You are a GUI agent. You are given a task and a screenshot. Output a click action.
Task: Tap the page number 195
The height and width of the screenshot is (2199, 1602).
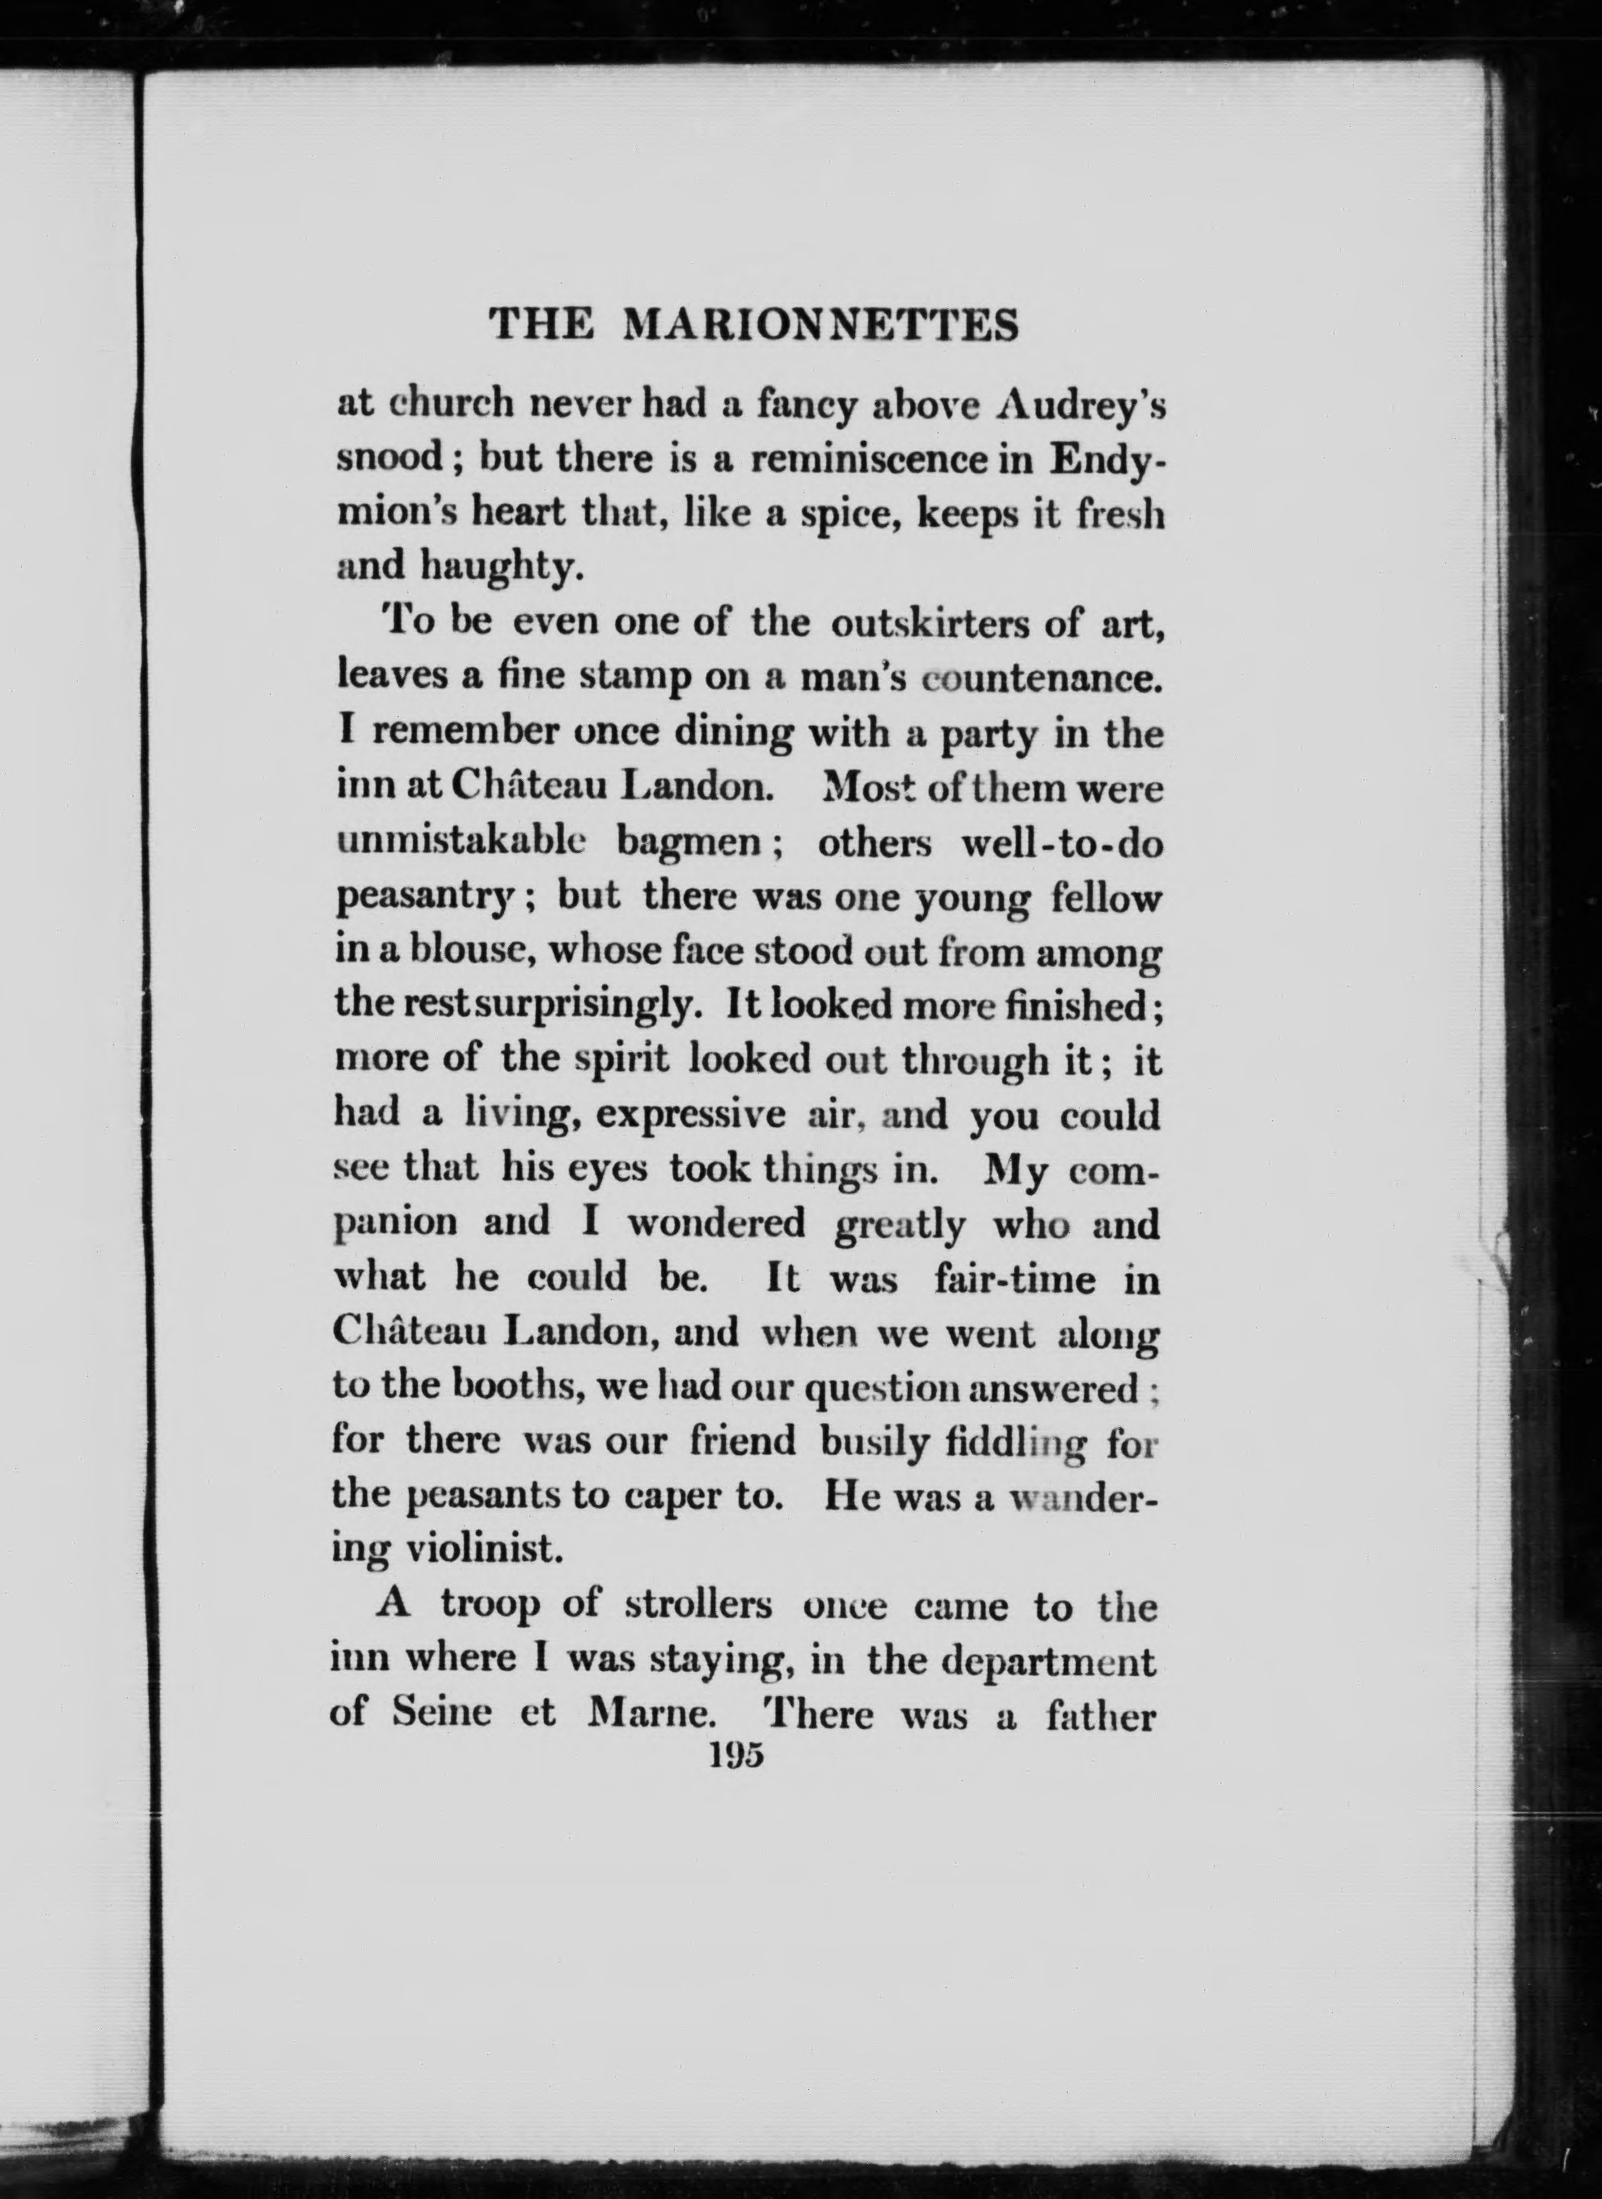(737, 1756)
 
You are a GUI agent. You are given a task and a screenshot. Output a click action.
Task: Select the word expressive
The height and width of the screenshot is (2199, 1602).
(689, 1115)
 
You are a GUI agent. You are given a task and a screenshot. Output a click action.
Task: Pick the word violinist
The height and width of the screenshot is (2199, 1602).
(483, 1550)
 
